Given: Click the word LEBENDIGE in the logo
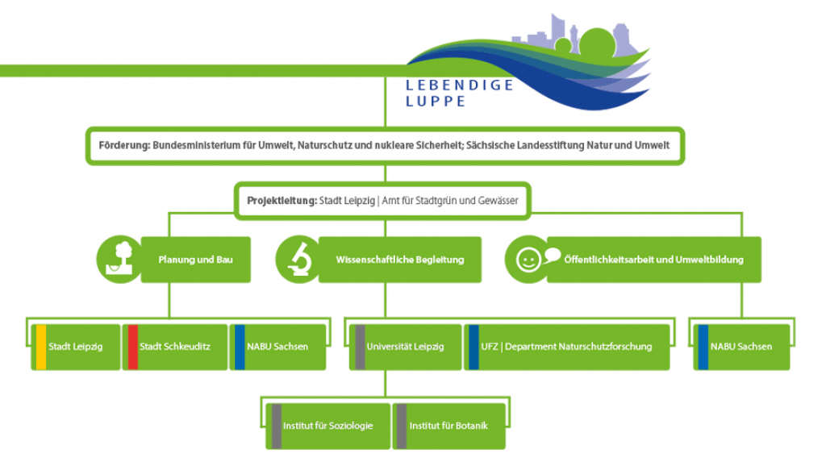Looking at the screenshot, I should tap(460, 85).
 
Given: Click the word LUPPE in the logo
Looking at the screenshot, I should tap(436, 102).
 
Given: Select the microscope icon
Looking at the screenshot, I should tap(298, 259).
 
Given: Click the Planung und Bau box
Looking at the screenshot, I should tap(195, 260).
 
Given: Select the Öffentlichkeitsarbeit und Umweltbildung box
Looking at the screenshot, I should tap(653, 260).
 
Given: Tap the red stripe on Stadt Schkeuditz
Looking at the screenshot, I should tap(133, 347).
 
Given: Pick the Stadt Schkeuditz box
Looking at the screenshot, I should tap(174, 347).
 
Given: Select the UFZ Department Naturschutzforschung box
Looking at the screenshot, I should tap(566, 347).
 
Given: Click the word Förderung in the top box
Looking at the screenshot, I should tap(123, 146).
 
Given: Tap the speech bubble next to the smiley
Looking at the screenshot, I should tap(552, 256).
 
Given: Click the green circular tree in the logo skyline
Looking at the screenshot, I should tap(596, 42).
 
